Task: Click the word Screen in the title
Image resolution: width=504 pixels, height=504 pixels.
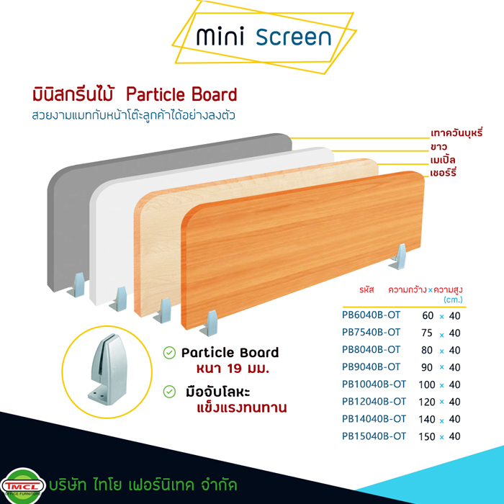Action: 294,37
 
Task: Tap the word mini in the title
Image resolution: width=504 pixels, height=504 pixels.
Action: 220,36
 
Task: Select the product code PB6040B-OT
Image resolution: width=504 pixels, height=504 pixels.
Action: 371,315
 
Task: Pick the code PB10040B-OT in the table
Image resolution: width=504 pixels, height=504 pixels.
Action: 374,384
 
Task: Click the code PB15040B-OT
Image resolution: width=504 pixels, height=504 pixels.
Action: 374,436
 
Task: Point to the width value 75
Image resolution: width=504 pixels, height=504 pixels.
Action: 427,333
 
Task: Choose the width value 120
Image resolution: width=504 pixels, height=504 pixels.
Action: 427,402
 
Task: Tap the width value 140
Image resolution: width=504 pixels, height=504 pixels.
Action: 427,419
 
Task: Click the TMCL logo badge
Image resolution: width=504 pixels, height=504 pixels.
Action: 23,486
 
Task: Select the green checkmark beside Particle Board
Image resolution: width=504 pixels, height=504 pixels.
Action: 169,353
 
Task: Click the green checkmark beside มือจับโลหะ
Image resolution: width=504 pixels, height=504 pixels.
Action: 169,392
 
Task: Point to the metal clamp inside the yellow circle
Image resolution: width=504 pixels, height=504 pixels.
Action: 107,369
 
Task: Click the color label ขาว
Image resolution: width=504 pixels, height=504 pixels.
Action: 438,147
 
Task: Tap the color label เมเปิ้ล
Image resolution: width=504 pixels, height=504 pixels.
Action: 443,159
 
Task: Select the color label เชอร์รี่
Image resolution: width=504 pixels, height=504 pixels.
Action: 444,173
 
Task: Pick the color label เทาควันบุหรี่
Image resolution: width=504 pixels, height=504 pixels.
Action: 456,132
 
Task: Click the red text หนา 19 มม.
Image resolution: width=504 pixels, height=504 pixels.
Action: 233,369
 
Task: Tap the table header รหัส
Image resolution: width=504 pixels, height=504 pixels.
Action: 366,289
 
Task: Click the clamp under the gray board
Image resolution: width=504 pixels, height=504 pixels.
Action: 76,285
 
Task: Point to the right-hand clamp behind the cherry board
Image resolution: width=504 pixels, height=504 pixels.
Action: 399,256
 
